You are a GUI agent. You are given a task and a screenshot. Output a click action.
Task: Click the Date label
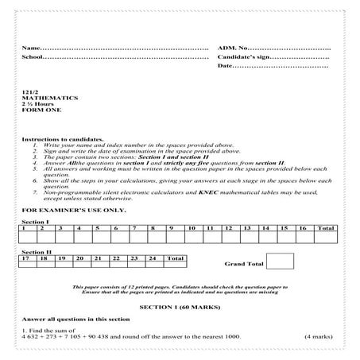226,65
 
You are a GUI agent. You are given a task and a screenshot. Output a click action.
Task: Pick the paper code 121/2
29,93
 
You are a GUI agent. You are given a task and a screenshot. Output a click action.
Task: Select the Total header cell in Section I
325,228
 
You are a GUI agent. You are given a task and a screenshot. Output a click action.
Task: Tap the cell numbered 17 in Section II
27,258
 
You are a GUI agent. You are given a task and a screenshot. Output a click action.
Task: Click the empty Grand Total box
280,261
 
